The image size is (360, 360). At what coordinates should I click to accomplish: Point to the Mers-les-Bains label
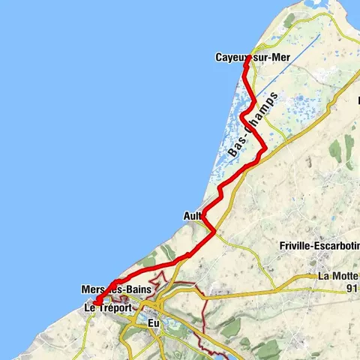pos(117,289)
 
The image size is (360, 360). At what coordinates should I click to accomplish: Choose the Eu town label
pos(154,323)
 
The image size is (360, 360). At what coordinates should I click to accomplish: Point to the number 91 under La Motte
pos(346,287)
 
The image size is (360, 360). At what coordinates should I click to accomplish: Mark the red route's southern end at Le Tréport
pos(95,302)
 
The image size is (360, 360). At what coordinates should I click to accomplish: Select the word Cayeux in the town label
pos(229,57)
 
